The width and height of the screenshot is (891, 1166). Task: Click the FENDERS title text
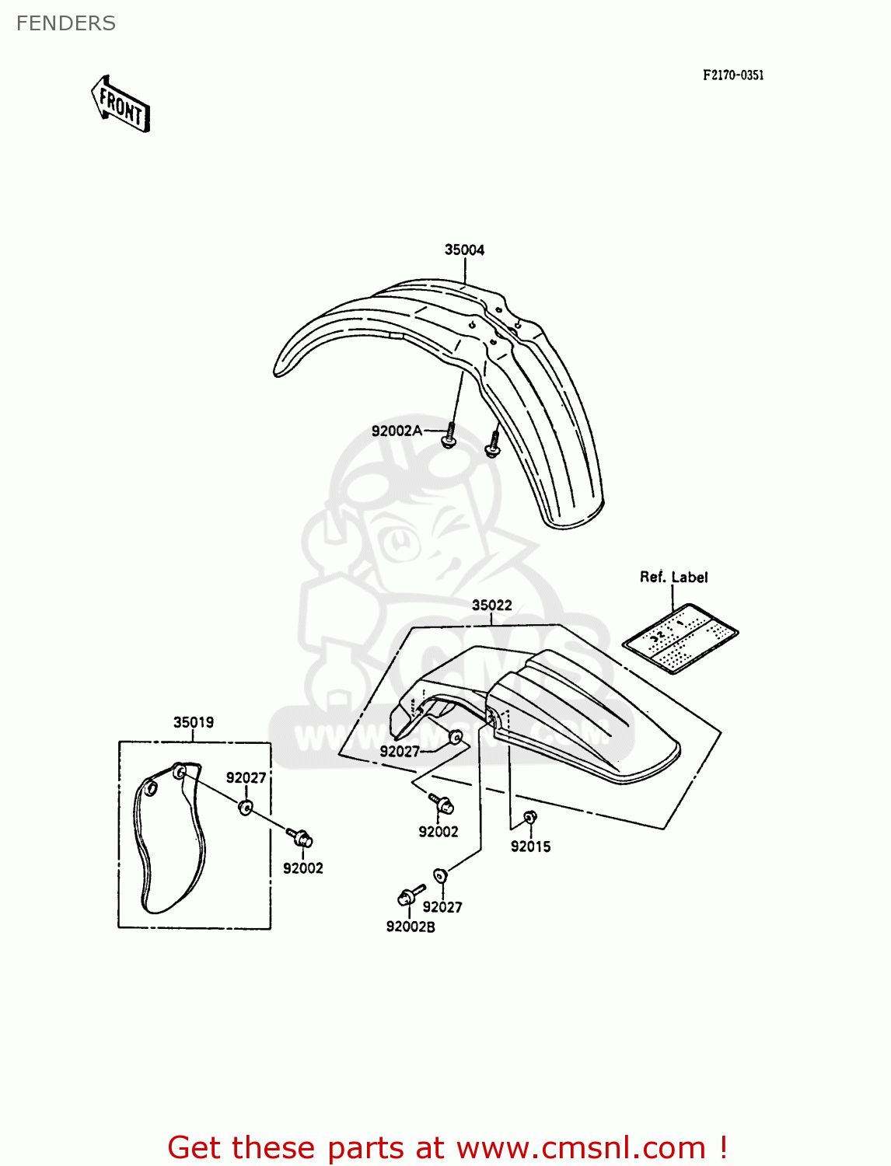[x=66, y=23]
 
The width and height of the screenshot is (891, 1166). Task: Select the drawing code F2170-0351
[x=732, y=75]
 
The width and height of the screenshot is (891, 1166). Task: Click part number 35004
[x=464, y=250]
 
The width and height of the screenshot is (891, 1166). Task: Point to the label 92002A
[x=397, y=431]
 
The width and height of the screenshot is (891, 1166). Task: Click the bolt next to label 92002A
[x=449, y=436]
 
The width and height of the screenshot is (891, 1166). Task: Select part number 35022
[x=491, y=605]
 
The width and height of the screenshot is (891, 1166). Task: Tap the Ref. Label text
[x=673, y=577]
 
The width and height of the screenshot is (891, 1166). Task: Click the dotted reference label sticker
[x=680, y=637]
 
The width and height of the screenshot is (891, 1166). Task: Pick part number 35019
[x=193, y=722]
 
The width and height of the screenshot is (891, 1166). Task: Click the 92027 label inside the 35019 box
[x=246, y=777]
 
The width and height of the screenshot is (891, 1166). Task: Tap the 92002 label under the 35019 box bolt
[x=302, y=868]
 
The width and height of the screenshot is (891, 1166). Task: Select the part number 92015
[x=530, y=847]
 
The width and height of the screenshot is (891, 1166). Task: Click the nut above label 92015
[x=529, y=817]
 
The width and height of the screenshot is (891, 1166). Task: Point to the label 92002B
[x=411, y=927]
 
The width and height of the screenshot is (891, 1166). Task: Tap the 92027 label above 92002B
[x=442, y=906]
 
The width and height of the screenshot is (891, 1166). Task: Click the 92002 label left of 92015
[x=439, y=832]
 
